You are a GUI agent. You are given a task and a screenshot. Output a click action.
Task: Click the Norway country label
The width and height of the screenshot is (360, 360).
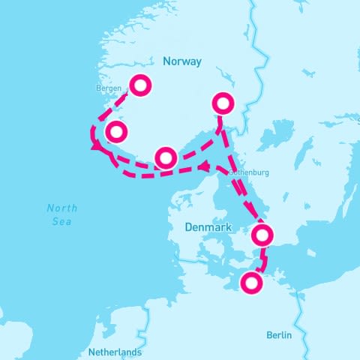(181, 62)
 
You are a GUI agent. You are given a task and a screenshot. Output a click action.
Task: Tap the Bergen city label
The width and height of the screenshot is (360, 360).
(109, 88)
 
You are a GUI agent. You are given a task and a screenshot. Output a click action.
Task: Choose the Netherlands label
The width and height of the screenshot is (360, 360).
(115, 352)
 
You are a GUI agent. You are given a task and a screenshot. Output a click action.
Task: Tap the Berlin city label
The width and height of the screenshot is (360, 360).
(277, 335)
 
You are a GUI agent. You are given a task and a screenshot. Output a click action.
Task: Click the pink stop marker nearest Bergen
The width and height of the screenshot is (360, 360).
(140, 85)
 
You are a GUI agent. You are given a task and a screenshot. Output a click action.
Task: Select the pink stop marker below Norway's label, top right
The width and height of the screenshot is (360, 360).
(223, 103)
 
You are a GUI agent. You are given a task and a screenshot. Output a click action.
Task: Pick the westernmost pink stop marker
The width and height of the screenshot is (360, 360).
(115, 132)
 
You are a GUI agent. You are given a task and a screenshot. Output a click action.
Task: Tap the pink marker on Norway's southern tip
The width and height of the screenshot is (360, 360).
(166, 157)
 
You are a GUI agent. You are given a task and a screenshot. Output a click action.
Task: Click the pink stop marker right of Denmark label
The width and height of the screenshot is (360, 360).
(261, 235)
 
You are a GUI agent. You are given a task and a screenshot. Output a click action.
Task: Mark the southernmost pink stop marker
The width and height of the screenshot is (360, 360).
(251, 283)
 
